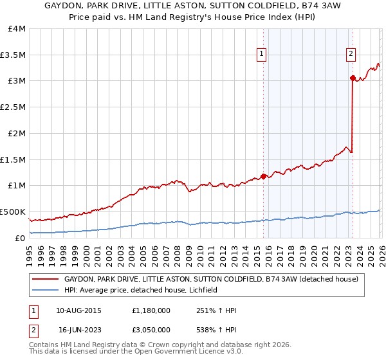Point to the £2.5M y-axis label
click(13, 107)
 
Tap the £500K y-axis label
click(13, 212)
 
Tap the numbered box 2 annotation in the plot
click(351, 55)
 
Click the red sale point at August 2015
click(263, 175)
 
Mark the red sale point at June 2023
click(353, 78)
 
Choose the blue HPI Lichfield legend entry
click(141, 291)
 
